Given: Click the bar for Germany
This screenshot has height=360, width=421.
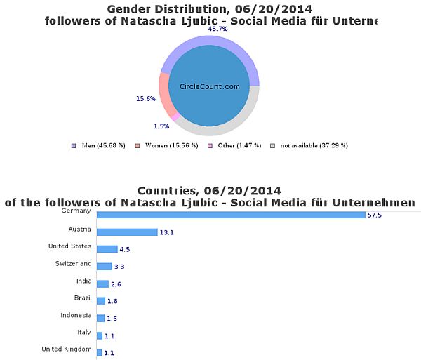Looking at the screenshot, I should (x=231, y=215).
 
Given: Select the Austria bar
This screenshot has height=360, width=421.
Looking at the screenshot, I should (x=127, y=232).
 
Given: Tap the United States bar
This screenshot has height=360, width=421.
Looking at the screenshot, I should (x=107, y=249).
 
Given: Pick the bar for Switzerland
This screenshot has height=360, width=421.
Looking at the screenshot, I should (x=104, y=267).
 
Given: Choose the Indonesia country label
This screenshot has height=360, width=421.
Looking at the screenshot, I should (x=76, y=315).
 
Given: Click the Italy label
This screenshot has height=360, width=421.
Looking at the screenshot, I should (x=83, y=332).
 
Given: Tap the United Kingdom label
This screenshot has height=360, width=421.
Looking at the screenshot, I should (x=66, y=349).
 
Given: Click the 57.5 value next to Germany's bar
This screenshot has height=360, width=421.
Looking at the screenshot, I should (x=375, y=215).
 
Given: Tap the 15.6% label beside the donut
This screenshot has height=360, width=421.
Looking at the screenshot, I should (x=145, y=99).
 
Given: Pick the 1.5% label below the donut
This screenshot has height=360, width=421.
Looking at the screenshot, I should (x=161, y=126).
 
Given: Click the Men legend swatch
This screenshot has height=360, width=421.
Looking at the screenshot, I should (x=74, y=146).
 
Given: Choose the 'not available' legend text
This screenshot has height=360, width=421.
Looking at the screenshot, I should (x=314, y=146).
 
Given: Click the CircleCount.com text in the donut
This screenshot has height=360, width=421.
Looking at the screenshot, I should (x=210, y=86).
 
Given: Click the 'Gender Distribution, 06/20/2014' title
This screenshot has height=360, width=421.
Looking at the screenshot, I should (x=210, y=8).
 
